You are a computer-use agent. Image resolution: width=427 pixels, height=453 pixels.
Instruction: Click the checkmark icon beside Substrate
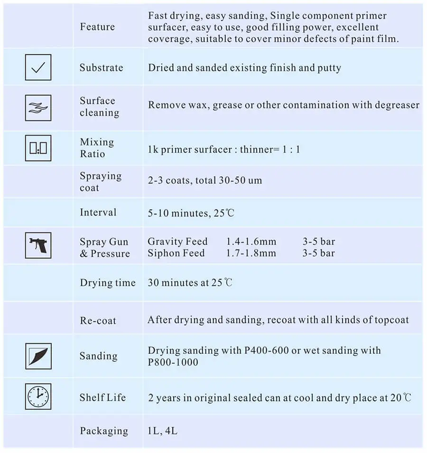pos(38,67)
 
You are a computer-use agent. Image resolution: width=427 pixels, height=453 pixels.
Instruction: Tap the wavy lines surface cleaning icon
pos(38,107)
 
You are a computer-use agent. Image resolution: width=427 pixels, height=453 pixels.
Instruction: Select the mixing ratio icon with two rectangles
pos(38,148)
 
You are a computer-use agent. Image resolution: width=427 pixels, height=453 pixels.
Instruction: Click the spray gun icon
pos(38,245)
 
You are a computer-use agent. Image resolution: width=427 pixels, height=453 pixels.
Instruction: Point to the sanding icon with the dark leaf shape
pos(38,356)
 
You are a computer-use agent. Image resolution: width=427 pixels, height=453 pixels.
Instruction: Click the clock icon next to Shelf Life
pos(38,396)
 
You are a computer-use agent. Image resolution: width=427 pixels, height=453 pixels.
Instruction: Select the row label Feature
pos(97,27)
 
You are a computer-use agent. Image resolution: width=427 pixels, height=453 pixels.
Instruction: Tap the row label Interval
pos(98,212)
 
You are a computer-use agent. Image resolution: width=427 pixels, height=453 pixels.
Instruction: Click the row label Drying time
pos(108,283)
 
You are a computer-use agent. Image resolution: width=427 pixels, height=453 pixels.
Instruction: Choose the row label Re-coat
pos(98,320)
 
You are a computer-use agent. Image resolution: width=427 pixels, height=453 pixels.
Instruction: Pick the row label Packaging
pos(104,431)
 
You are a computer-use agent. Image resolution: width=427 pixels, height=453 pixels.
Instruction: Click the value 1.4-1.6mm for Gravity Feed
pos(251,242)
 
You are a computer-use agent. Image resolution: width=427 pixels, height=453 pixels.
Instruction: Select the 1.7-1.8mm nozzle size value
pos(251,253)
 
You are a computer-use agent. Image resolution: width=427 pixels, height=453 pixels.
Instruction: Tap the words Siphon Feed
pos(176,253)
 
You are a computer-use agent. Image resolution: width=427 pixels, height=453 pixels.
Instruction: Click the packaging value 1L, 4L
pos(163,431)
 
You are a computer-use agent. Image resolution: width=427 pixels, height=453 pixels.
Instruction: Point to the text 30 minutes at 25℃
pos(190,283)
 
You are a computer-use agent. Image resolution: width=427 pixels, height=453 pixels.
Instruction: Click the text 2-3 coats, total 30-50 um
pos(205,180)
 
